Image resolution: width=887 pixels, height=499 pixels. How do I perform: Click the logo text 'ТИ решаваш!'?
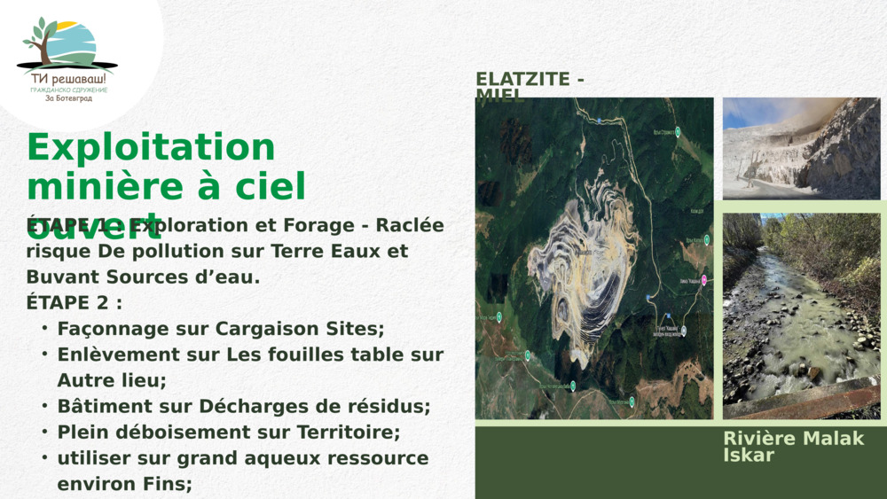67,78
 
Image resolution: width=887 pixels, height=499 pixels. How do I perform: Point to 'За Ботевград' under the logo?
68,98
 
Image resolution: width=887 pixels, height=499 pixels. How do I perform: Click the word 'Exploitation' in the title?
151,148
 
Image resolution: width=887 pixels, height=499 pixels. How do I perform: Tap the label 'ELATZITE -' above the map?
530,79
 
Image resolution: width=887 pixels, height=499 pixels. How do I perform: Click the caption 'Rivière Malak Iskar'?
793,446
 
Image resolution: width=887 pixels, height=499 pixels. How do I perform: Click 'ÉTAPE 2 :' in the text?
75,302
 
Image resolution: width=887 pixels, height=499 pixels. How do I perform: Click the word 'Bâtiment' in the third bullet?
98,406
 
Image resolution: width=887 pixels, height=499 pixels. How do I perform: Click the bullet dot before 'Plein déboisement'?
44,433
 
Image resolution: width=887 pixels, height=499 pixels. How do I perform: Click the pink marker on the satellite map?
704,280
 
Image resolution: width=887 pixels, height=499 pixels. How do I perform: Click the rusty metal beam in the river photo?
798,401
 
